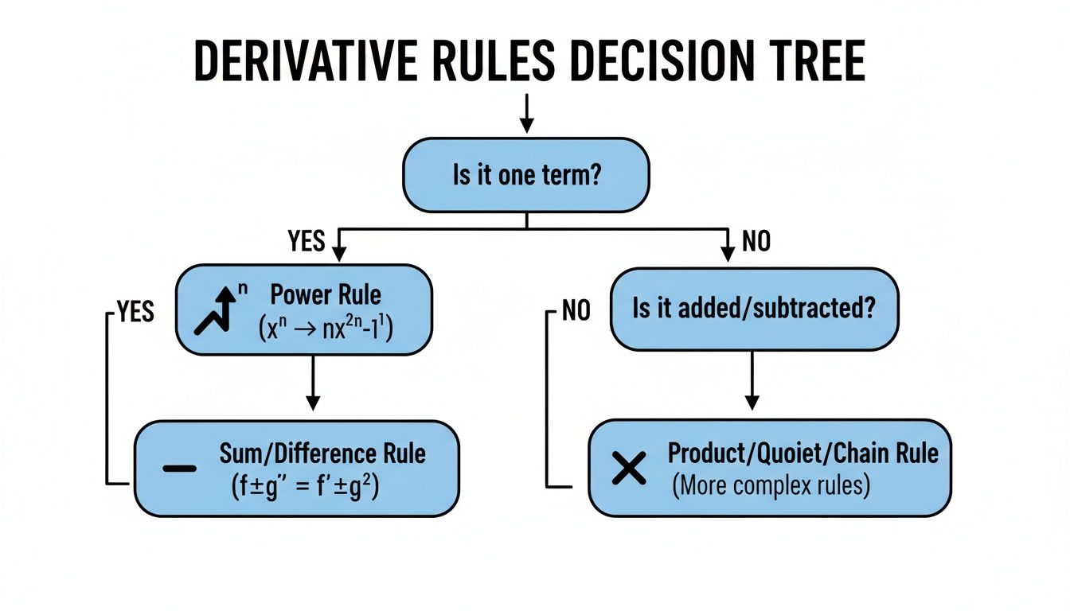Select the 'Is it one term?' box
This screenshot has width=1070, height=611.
pos(526,175)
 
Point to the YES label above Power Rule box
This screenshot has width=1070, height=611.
pos(307,240)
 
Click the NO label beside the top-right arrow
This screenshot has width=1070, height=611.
pos(756,240)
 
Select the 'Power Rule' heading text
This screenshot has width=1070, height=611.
pos(326,294)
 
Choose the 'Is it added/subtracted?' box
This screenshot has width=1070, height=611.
pos(753,309)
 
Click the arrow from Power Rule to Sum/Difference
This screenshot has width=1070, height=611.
pos(313,382)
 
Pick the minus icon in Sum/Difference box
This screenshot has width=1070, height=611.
pos(179,468)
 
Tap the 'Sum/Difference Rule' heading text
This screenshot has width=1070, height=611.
pos(322,453)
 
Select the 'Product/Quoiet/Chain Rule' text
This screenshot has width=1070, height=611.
pos(802,453)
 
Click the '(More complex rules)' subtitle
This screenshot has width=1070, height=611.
pos(771,485)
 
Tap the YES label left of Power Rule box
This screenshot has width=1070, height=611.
pos(135,311)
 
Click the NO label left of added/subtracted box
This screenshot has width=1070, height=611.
pos(576,310)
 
